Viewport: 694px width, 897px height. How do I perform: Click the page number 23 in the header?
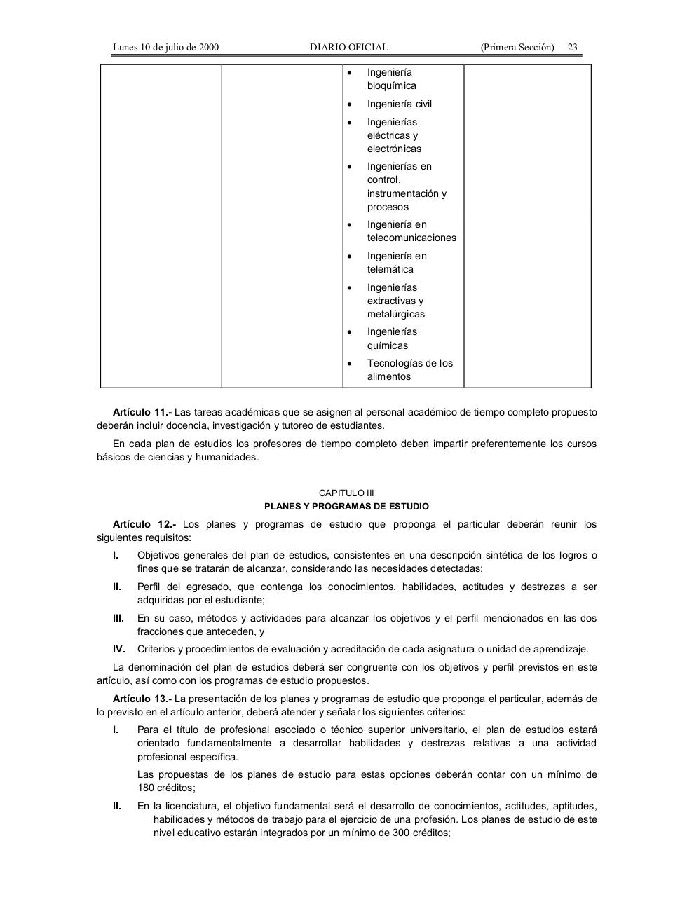[x=572, y=48]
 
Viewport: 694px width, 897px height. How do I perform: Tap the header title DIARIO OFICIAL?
[x=348, y=48]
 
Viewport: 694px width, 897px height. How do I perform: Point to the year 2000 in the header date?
[x=209, y=48]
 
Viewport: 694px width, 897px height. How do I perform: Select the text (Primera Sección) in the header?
[x=517, y=48]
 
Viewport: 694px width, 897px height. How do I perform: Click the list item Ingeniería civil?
[x=399, y=104]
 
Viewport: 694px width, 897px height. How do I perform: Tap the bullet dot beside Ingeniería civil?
[x=350, y=104]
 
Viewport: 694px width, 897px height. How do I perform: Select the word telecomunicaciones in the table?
[x=411, y=238]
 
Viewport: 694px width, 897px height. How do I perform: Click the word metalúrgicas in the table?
[x=395, y=314]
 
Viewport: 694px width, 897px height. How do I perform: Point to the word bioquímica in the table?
[x=391, y=85]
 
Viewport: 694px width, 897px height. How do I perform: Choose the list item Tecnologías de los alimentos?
[x=409, y=369]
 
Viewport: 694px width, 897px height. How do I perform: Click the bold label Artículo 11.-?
[x=142, y=412]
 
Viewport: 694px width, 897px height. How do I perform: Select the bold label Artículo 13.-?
[x=142, y=699]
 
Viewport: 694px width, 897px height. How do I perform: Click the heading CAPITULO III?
[x=346, y=493]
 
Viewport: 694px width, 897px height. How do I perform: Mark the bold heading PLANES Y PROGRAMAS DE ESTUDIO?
[x=346, y=506]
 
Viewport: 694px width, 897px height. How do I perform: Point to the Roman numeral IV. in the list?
[x=119, y=649]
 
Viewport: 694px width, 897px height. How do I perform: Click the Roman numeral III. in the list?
[x=118, y=618]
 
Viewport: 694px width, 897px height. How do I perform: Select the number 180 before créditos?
[x=145, y=788]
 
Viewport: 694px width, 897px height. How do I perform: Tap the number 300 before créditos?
[x=401, y=833]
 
